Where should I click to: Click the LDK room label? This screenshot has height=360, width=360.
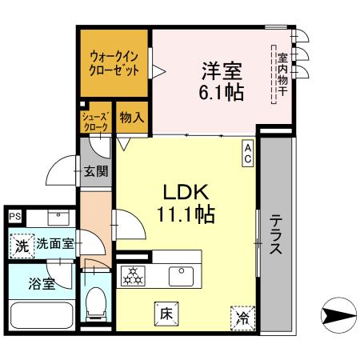186,193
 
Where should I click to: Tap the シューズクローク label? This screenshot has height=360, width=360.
95,122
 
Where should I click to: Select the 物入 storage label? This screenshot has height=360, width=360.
131,118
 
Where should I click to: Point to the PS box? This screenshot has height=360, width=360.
14,216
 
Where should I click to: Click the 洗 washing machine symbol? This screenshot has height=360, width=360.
22,246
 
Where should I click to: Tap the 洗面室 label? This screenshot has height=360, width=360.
54,245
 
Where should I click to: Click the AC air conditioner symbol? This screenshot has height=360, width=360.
249,154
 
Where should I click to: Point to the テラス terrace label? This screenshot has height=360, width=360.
274,234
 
